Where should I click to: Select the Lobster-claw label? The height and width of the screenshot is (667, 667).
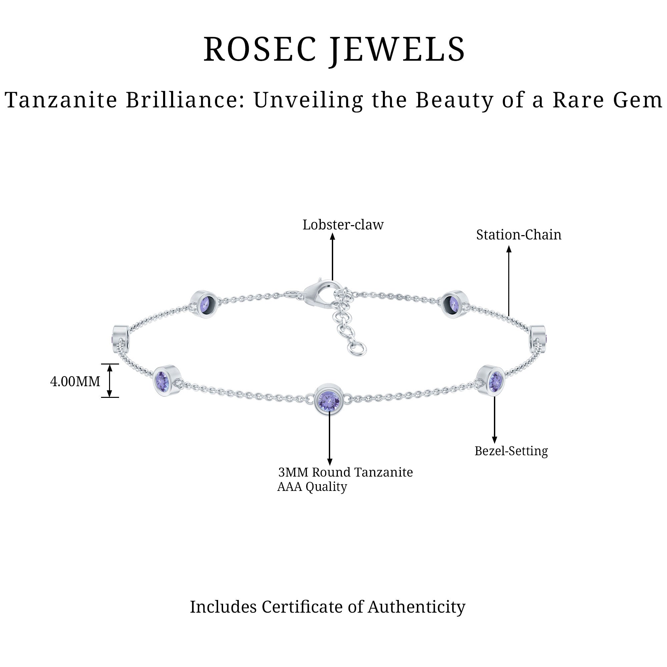click(343, 225)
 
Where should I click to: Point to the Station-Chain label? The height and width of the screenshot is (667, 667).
click(519, 235)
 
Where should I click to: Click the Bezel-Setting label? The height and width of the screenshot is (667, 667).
click(511, 451)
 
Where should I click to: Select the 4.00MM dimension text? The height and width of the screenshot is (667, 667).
click(75, 382)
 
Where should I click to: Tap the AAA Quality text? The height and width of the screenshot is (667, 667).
click(312, 487)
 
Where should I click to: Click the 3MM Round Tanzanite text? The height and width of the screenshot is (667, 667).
click(345, 472)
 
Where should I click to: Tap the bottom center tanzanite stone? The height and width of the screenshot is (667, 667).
click(329, 400)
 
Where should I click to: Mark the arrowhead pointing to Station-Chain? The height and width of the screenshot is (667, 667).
click(509, 249)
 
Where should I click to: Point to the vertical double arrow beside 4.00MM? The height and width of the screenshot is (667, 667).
click(109, 381)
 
